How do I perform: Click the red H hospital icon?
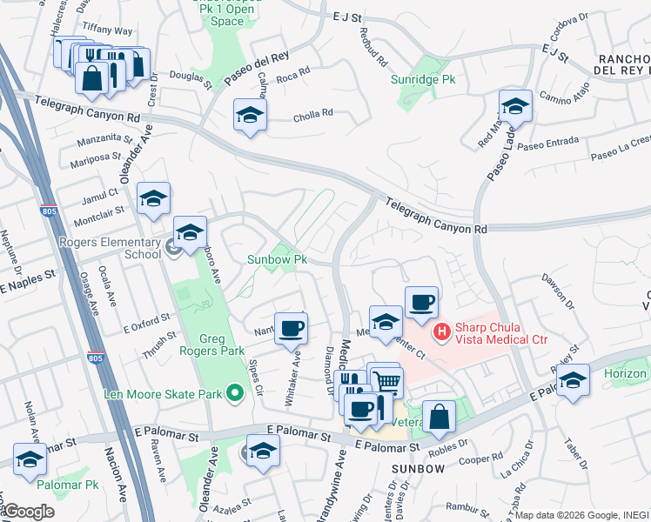pos(441,331)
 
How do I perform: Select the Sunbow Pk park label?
pos(278,260)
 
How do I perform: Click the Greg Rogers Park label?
pos(199,346)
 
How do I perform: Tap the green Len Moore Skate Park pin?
pos(233,394)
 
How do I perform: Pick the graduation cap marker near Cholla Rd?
pos(250,116)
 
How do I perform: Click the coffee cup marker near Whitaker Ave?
pos(292,329)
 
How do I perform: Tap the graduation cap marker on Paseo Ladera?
pos(515,107)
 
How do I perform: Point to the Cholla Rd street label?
pos(313,113)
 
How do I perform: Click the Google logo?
pos(30,512)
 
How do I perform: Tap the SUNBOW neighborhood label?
pos(418,468)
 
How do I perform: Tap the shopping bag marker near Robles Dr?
pos(440,418)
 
